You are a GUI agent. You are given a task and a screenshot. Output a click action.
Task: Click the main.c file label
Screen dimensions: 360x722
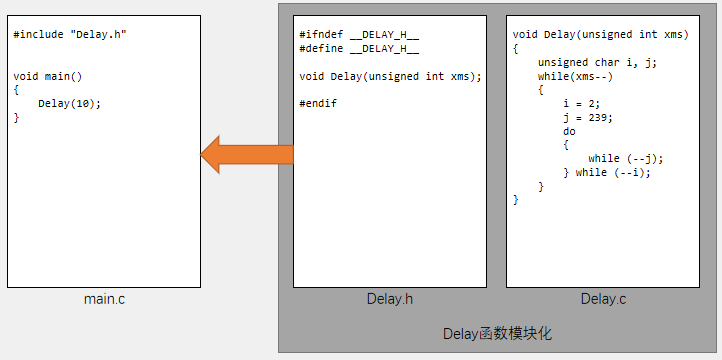tap(104, 299)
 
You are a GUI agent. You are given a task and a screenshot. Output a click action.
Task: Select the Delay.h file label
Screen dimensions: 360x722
tap(390, 299)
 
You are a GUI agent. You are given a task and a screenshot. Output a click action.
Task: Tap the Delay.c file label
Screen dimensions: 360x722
tap(603, 299)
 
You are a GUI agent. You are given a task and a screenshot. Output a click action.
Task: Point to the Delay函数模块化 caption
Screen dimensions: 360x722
tap(497, 333)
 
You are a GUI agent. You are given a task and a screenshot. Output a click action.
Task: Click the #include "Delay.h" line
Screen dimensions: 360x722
tap(70, 35)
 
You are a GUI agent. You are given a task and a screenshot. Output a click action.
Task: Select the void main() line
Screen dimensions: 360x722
tap(48, 76)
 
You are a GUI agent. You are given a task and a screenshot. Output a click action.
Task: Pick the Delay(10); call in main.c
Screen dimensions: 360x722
tap(70, 103)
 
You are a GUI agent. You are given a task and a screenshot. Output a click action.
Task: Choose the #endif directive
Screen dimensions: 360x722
tap(318, 103)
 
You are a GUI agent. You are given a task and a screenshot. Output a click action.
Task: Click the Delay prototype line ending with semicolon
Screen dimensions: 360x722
tap(390, 76)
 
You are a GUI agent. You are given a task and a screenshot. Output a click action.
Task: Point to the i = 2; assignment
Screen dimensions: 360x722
tap(581, 103)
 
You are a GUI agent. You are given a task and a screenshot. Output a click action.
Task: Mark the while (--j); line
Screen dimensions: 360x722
tap(626, 158)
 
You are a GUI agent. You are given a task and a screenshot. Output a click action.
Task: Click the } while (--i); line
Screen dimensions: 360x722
tap(607, 172)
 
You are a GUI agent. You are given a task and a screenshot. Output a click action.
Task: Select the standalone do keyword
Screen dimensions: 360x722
tap(569, 131)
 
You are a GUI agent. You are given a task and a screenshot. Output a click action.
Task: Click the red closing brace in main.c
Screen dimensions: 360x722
tap(16, 117)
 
